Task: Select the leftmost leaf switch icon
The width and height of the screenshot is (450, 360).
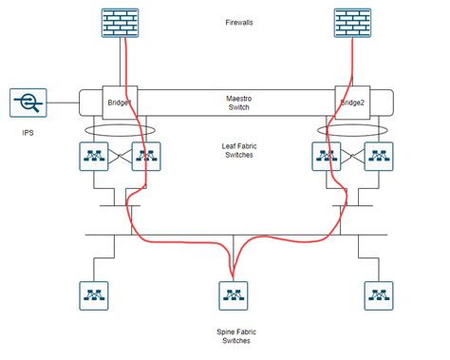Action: [x=95, y=156]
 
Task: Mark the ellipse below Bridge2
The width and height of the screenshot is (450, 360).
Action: [x=353, y=128]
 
